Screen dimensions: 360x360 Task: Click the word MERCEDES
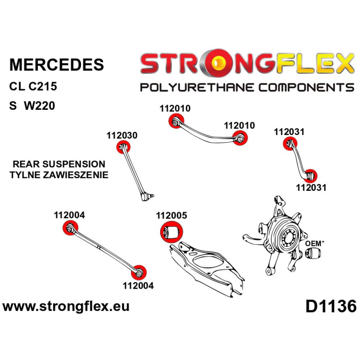tap(57, 64)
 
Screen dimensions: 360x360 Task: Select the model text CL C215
tap(33, 87)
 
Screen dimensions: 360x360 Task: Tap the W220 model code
tap(40, 106)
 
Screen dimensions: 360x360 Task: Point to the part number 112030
tap(122, 136)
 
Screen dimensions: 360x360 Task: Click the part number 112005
tap(171, 216)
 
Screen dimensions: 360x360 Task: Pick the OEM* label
tap(315, 243)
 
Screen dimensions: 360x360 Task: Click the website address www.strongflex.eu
tap(66, 307)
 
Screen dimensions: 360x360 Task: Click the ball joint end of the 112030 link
tap(147, 197)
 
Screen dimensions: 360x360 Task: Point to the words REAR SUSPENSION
tap(59, 165)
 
